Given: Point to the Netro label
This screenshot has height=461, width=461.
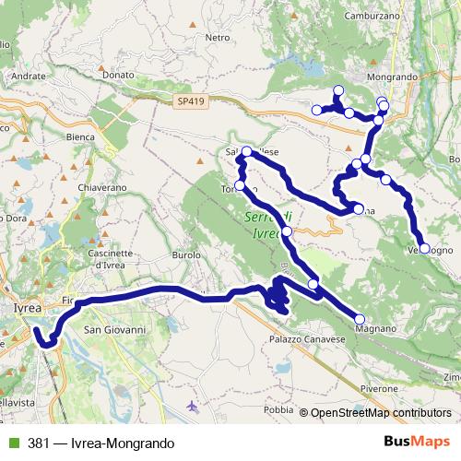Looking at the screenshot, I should (217, 38).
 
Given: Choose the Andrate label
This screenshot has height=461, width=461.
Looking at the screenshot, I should (27, 76).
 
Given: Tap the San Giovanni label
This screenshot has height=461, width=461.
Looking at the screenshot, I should (115, 329).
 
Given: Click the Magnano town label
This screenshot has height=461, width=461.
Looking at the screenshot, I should (375, 327).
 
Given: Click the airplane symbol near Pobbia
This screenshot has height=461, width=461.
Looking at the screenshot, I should (193, 406).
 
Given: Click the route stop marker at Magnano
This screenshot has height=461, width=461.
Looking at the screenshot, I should (359, 319).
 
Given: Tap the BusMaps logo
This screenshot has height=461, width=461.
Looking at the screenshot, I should (412, 441).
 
